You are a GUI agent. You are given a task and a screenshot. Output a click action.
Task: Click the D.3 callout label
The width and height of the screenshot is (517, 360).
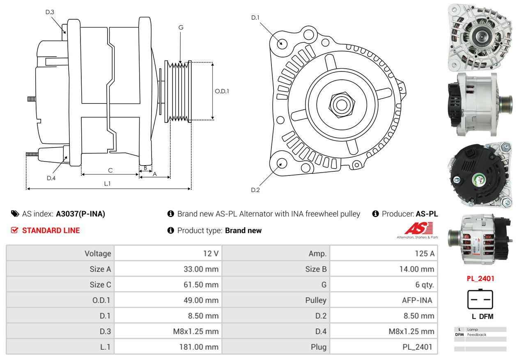50,12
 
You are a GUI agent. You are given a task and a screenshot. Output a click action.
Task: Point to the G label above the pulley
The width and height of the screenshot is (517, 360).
181,28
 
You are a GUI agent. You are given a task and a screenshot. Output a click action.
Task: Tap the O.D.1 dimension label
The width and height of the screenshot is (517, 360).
222,91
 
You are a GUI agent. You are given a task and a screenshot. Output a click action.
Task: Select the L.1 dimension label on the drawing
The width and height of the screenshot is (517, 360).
107,184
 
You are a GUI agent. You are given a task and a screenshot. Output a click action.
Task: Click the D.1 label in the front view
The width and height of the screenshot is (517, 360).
255,18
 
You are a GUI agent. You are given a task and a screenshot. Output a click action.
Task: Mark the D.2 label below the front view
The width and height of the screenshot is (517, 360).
255,190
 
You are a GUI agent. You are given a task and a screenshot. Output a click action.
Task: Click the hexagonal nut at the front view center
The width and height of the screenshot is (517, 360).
342,105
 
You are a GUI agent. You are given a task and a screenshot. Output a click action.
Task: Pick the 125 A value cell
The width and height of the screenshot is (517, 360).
425,254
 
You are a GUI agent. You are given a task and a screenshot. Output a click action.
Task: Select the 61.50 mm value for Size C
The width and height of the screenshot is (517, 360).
201,285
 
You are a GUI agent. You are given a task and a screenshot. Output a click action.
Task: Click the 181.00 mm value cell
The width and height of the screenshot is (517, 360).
199,347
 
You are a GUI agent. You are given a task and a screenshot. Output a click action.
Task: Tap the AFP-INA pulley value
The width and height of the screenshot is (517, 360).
417,300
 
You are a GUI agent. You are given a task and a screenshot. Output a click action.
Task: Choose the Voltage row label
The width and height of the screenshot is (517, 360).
98,254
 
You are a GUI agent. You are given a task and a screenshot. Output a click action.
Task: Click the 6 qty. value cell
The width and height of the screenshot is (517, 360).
425,285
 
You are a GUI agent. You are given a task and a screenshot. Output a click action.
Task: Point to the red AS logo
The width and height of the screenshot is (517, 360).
418,228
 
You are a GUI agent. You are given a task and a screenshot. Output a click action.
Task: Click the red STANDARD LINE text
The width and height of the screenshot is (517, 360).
51,231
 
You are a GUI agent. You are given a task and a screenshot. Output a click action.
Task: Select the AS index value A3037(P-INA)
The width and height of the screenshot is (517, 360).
80,214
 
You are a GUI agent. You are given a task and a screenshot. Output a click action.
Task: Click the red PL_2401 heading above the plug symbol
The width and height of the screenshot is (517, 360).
480,279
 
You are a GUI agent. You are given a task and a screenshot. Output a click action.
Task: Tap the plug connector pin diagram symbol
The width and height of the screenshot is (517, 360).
480,299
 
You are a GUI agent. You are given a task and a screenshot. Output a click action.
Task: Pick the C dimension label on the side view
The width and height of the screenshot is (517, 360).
110,171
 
